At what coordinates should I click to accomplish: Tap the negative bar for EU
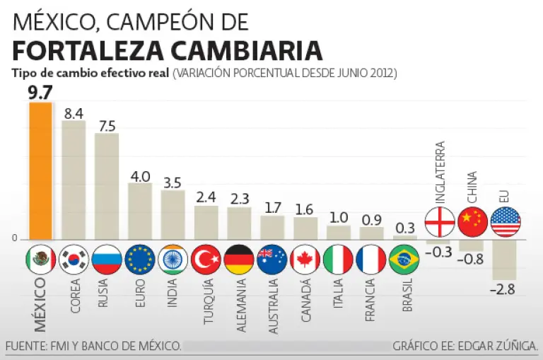(505, 260)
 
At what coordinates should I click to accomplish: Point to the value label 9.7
(40, 93)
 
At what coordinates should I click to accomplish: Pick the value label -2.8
(504, 289)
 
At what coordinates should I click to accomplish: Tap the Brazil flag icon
(404, 260)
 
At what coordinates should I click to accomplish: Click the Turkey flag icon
(206, 260)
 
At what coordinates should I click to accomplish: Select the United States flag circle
(505, 221)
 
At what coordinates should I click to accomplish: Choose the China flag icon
(472, 221)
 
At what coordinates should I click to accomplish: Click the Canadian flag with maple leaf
(305, 260)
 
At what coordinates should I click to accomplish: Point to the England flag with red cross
(439, 221)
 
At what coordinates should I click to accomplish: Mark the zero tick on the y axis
(14, 238)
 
